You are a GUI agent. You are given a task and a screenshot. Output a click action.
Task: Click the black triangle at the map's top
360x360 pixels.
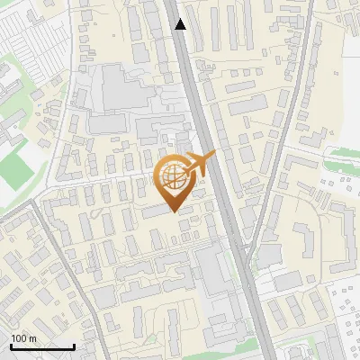click(x=180, y=24)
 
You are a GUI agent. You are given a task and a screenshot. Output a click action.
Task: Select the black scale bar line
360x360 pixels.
click(x=41, y=346)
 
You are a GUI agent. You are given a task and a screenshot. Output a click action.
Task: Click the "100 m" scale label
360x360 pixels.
click(x=23, y=337)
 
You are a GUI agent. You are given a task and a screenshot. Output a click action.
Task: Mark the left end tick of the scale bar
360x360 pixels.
click(x=10, y=345)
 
